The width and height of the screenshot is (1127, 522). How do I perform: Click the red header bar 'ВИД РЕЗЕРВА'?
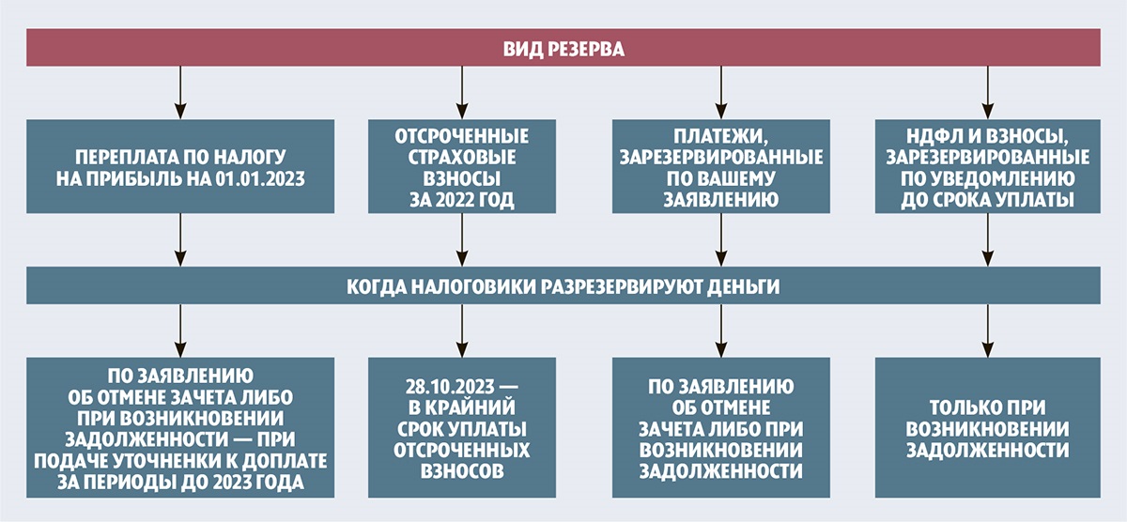[563, 47]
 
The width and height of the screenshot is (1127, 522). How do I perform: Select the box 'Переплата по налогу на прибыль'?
[180, 165]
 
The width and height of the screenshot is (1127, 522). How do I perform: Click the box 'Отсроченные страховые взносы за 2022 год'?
[461, 165]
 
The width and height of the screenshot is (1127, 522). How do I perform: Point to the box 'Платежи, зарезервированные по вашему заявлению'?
[720, 165]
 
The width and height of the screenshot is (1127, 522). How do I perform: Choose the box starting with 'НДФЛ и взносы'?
[986, 165]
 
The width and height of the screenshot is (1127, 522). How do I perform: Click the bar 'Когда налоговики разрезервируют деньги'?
[563, 284]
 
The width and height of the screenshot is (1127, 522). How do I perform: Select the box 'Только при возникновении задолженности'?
[986, 427]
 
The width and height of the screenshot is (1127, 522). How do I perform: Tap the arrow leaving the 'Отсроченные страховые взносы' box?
[461, 238]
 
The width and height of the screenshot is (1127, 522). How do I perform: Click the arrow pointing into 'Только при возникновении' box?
[986, 330]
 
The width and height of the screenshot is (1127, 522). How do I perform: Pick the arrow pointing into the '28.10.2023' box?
[461, 330]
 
